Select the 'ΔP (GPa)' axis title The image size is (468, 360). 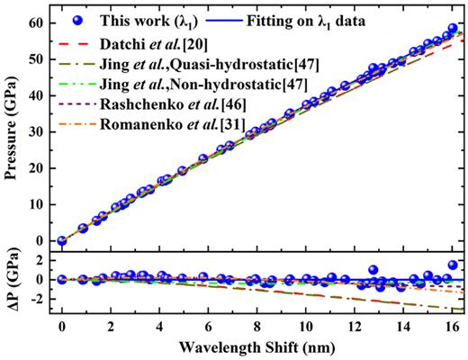click(x=13, y=284)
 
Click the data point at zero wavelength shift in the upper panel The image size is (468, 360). click(x=62, y=240)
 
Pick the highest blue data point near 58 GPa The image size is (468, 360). click(x=453, y=29)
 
